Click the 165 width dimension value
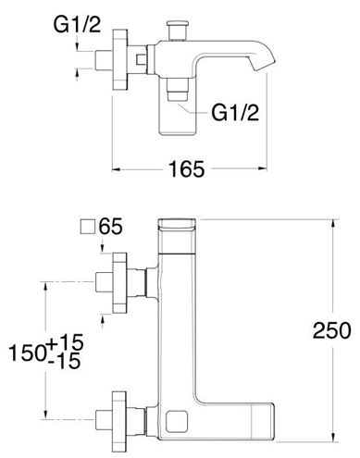tap(187, 168)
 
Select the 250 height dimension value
tap(331, 330)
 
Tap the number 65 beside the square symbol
tap(110, 227)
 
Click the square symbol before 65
tap(87, 228)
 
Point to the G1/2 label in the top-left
tap(77, 25)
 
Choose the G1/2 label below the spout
tap(235, 113)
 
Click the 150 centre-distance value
tap(28, 353)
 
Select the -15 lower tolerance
tap(65, 361)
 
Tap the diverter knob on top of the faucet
tap(177, 30)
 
